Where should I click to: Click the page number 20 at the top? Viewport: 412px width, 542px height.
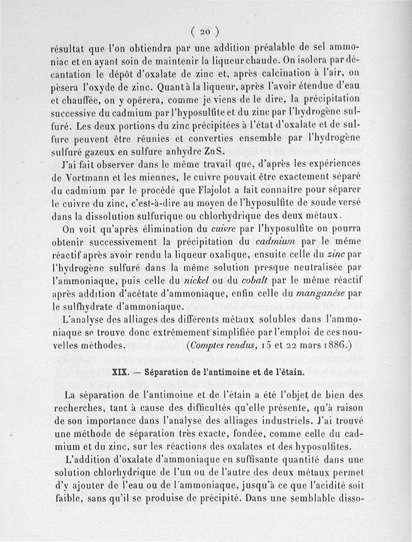(x=205, y=31)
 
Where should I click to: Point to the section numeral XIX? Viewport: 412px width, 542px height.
(x=120, y=371)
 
